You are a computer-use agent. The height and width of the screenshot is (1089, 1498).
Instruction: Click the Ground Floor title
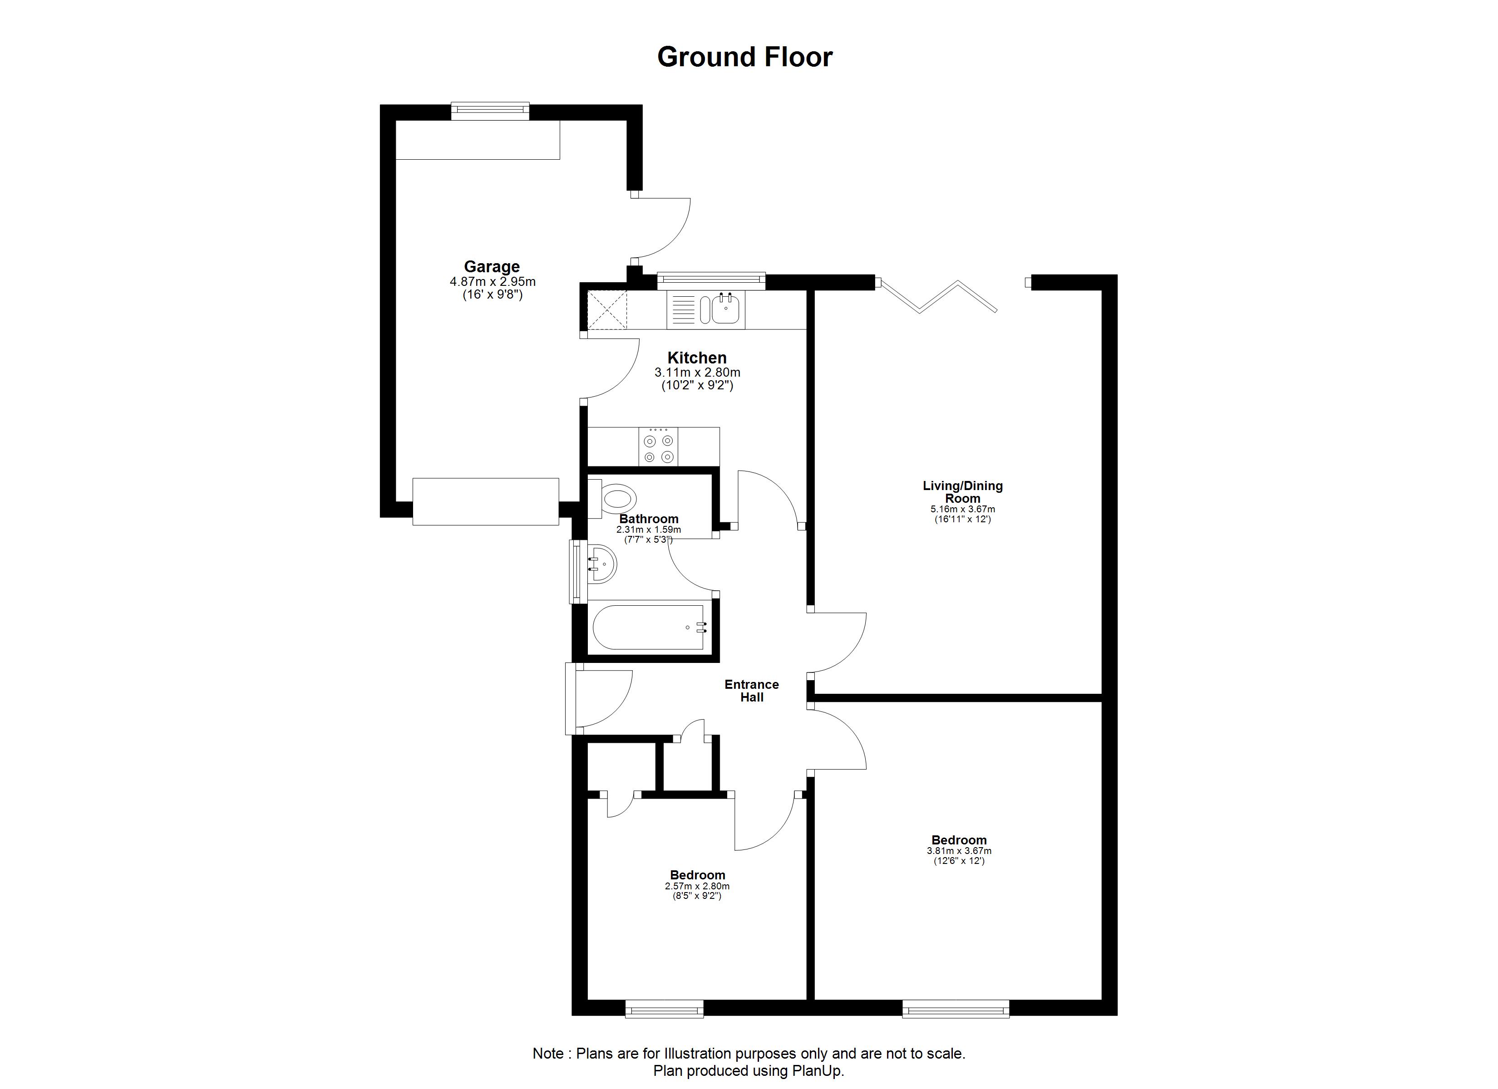click(x=744, y=58)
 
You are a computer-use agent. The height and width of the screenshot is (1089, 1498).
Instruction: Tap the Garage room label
click(x=492, y=267)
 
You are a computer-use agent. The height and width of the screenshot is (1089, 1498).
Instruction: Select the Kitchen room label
click(x=697, y=358)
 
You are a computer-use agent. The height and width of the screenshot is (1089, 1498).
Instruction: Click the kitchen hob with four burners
click(x=659, y=447)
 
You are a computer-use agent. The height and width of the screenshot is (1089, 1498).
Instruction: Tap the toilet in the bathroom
click(x=614, y=500)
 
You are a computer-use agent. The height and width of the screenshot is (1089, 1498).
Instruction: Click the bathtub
click(x=650, y=628)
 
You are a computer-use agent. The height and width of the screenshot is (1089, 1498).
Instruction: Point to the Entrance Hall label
click(x=752, y=691)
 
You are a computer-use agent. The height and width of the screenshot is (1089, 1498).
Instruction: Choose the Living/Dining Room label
click(x=962, y=492)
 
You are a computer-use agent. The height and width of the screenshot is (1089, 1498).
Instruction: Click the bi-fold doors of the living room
click(x=938, y=295)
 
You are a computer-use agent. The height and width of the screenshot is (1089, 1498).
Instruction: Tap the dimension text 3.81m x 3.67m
click(x=959, y=851)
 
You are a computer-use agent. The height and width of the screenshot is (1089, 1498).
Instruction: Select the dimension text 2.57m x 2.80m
click(x=697, y=886)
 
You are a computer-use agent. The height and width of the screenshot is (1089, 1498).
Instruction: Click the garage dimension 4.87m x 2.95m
click(x=493, y=282)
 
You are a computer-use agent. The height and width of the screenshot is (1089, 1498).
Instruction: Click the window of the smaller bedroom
click(x=665, y=1008)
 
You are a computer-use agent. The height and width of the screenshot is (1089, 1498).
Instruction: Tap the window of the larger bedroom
click(x=956, y=1008)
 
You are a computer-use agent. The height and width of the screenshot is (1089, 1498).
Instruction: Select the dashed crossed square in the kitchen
click(x=607, y=310)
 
